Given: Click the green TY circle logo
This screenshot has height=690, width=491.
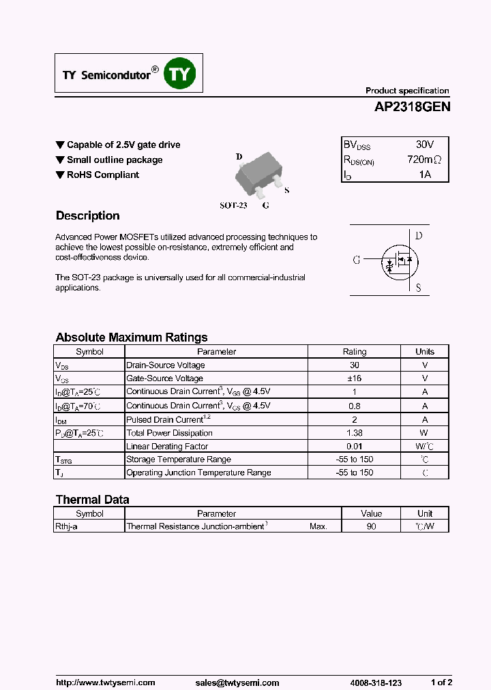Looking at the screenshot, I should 181,74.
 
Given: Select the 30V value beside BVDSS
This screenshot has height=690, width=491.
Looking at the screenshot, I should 424,145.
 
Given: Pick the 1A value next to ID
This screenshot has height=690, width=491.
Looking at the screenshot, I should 425,175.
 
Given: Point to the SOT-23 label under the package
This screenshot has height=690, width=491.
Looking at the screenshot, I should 233,205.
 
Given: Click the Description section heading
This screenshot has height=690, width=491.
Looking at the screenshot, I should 87,215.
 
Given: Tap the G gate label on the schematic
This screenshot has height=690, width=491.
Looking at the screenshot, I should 357,260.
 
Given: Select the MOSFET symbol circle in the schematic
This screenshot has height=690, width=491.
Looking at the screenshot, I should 399,260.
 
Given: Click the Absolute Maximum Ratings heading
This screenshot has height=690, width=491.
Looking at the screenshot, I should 132,337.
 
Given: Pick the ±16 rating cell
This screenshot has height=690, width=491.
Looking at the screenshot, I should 355,378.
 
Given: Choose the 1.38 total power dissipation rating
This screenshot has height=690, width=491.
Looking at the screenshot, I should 355,433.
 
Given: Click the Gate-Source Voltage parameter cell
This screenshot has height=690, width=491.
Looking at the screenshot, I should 165,378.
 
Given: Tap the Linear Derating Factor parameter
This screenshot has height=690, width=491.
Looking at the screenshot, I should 168,447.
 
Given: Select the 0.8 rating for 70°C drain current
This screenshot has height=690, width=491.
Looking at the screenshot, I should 355,406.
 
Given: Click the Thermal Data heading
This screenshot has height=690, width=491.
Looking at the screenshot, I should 92,500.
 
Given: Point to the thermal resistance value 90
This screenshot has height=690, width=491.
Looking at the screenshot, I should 371,526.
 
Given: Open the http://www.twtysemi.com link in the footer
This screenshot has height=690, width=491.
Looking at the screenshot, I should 106,682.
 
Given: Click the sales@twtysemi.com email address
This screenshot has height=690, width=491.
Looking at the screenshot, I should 237,682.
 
